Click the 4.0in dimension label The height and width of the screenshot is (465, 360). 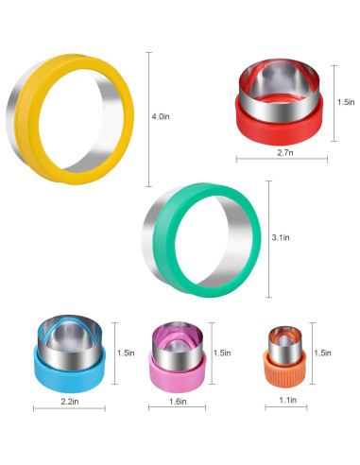click(x=161, y=116)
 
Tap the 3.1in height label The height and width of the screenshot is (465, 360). click(x=281, y=237)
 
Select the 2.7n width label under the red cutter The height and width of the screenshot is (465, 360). click(x=285, y=153)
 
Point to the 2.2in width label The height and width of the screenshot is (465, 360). click(x=70, y=402)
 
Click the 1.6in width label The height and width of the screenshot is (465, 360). click(x=178, y=402)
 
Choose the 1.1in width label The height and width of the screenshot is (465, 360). click(x=288, y=400)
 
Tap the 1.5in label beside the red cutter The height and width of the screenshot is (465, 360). click(x=346, y=102)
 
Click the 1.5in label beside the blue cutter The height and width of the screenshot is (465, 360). click(x=126, y=353)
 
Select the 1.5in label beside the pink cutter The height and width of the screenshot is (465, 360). click(x=222, y=353)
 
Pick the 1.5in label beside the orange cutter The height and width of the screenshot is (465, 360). click(x=322, y=353)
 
